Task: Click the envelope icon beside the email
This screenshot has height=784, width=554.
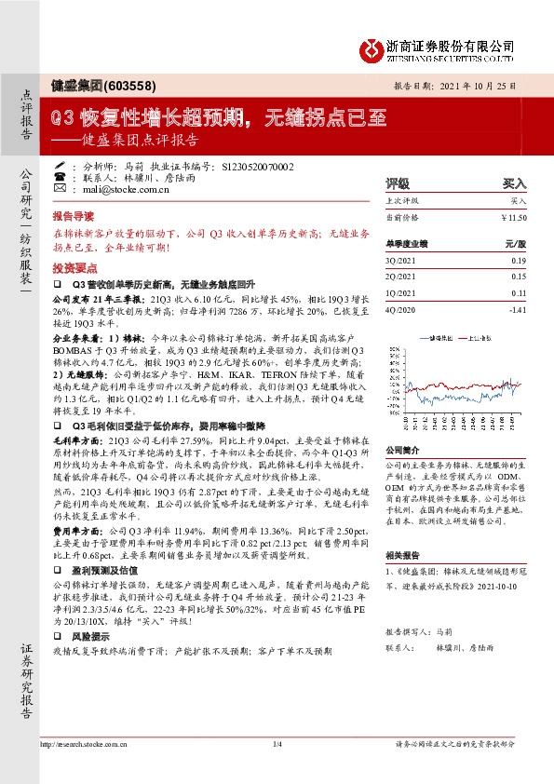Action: pyautogui.click(x=60, y=188)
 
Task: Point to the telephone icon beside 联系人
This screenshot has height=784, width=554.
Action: pyautogui.click(x=60, y=176)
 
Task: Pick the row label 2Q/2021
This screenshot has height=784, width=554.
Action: pyautogui.click(x=399, y=277)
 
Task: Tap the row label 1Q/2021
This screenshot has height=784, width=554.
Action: pyautogui.click(x=399, y=291)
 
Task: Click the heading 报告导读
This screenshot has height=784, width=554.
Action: pyautogui.click(x=73, y=213)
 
